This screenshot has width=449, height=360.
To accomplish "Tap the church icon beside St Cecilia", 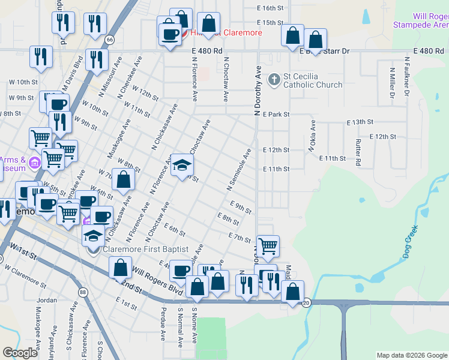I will pos(274,79).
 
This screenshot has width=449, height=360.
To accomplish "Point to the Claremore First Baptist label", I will pos(146,249).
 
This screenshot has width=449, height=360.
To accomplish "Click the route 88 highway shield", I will pos(82,292).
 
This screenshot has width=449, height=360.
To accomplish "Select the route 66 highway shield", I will pos(109,40).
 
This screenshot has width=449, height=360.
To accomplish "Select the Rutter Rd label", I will pos(358,153).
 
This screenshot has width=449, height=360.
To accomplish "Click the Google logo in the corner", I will pos(20,353).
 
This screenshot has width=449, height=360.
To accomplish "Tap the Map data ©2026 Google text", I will pos(412,355).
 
